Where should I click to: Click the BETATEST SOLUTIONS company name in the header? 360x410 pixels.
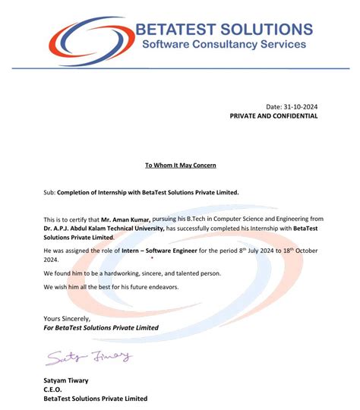tap(223, 30)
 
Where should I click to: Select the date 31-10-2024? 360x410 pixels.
tap(301, 106)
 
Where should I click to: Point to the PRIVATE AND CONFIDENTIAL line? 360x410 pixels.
tap(273, 116)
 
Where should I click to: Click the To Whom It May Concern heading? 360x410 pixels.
tap(180, 165)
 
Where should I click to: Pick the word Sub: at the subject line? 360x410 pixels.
tap(50, 193)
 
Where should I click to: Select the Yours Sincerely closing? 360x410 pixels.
tap(67, 319)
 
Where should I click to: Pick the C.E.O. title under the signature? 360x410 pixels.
tap(54, 389)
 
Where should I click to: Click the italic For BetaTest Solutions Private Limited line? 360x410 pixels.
tap(101, 328)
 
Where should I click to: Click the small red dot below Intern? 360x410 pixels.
tap(151, 257)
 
